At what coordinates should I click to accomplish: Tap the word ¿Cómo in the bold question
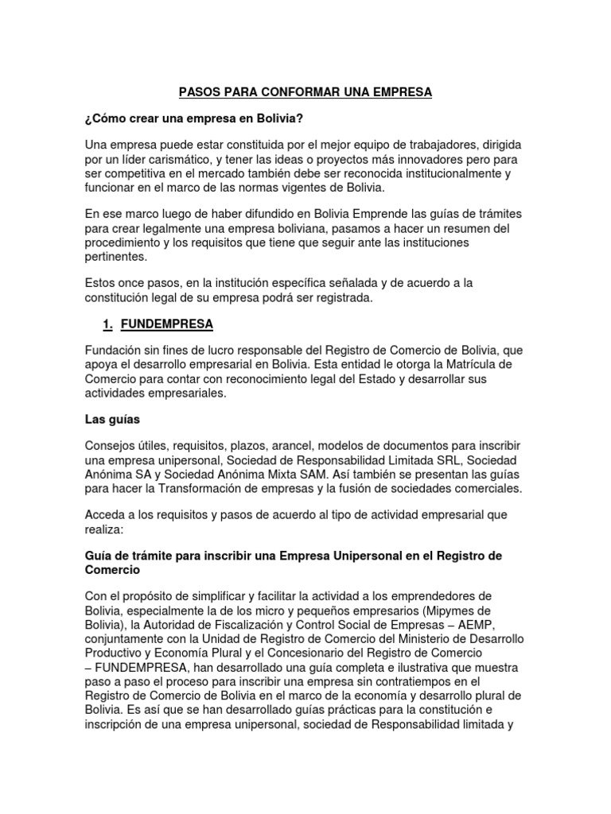(x=103, y=118)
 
